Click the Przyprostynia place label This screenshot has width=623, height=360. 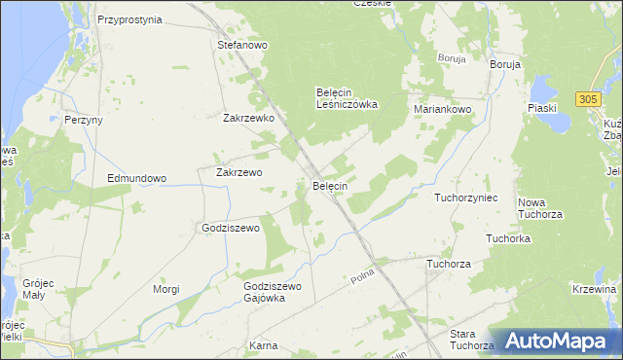click(128, 19)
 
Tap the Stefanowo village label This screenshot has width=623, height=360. click(242, 45)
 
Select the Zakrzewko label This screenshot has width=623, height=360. click(248, 119)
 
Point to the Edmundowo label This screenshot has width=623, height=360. click(137, 179)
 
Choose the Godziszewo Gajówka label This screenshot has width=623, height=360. click(274, 292)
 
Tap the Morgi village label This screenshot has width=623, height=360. click(167, 290)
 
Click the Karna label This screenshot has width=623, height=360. click(264, 345)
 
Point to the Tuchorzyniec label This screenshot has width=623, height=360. click(466, 198)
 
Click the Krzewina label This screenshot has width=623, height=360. click(596, 290)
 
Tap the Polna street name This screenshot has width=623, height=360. click(363, 280)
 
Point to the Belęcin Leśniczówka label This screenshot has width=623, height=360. click(347, 98)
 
